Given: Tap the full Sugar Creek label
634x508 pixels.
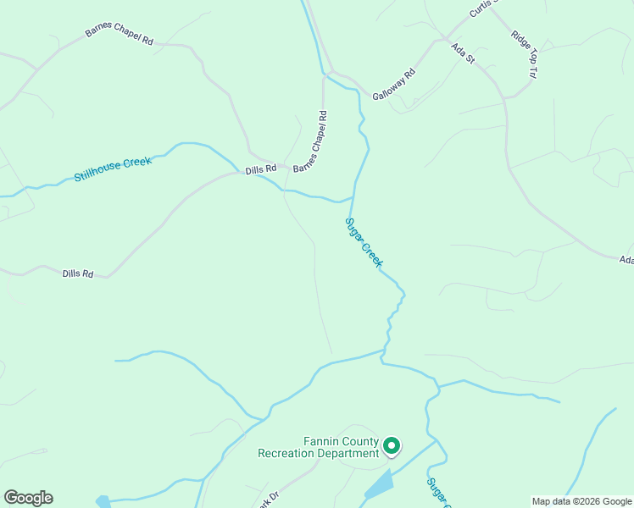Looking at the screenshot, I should point(364,243).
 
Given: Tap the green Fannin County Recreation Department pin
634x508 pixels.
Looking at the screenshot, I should point(392,445).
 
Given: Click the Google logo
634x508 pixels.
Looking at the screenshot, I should point(28,498).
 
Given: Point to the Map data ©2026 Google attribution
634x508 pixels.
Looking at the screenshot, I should point(581,501).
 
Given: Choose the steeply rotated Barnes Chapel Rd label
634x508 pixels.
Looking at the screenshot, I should point(310,141).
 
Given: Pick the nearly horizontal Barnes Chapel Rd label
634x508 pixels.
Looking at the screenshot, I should point(119,39).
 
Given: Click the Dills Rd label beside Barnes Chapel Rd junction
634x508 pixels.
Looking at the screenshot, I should point(261,169).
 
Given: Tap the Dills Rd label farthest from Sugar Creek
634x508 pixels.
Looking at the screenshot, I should point(78,273).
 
